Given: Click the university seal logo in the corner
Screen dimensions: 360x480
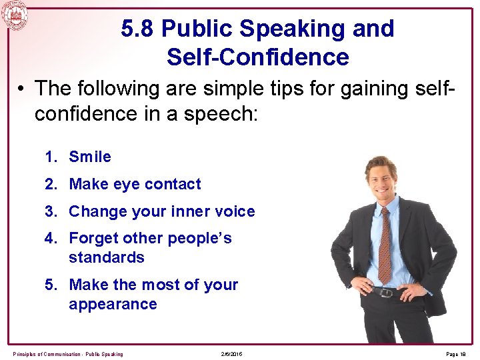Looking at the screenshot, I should point(14,14).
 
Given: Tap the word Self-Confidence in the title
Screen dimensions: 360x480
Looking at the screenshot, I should point(257,57).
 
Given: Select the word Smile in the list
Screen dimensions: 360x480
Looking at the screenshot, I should point(90,157).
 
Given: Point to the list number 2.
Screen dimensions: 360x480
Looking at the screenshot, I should point(50,184).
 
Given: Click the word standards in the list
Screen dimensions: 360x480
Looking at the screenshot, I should point(107,257).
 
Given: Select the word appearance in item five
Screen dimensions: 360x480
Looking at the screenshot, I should point(113,304).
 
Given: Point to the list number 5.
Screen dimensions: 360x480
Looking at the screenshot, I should point(50,285).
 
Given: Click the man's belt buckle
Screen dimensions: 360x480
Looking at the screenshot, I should point(385,292).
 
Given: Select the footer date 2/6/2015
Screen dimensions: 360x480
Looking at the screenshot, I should point(231,353).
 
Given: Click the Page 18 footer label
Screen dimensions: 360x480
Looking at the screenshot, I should point(457,353).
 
